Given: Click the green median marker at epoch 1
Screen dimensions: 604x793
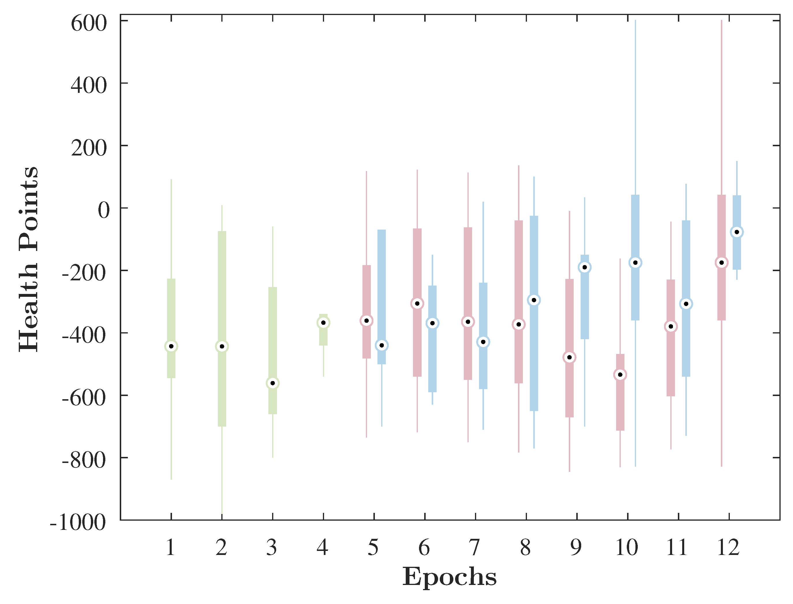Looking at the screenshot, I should [x=171, y=346].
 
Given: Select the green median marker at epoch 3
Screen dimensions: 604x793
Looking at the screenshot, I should [x=273, y=383].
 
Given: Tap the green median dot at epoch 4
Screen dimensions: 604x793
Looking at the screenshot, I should [x=323, y=323].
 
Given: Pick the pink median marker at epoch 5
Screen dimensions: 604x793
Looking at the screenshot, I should [x=366, y=321].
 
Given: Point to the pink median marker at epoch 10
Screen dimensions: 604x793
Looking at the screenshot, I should [x=620, y=375].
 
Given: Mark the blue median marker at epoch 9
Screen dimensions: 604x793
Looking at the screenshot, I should [x=584, y=267].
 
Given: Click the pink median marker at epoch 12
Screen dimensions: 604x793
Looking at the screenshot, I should [x=721, y=263].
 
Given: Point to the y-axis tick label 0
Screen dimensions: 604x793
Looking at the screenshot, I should [x=104, y=210].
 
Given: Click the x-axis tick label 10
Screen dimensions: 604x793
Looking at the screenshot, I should [x=626, y=547].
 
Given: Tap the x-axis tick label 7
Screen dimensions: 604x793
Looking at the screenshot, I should [x=475, y=547].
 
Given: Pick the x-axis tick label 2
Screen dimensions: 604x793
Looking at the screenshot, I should [x=221, y=547].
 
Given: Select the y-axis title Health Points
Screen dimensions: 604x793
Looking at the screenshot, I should [x=29, y=259].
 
